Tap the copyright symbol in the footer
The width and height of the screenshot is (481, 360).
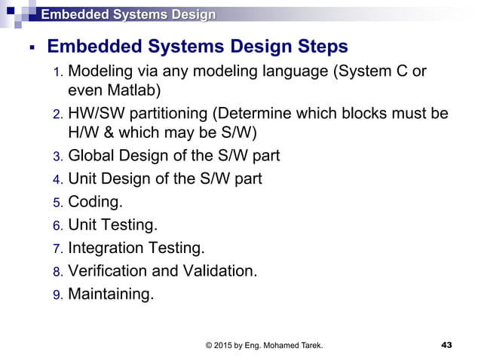pos(209,345)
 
